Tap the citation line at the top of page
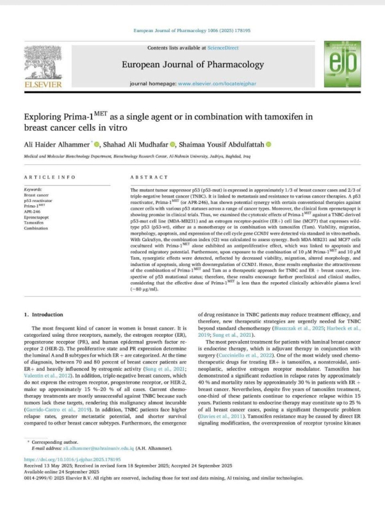click(192, 30)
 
